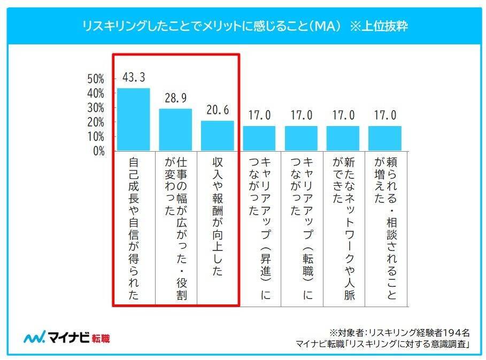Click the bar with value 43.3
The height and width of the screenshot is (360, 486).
133,119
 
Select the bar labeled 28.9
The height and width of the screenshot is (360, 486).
175,129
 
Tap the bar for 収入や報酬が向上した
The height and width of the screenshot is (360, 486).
217,136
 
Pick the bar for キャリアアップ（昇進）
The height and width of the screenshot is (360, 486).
259,138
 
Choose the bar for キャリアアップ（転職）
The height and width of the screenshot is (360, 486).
301,138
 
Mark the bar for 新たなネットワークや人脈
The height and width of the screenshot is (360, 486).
343,138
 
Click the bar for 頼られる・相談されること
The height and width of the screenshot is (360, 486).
384,138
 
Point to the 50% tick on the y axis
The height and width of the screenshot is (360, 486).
96,79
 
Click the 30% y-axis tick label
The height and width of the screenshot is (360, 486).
96,107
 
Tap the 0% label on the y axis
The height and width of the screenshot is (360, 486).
98,151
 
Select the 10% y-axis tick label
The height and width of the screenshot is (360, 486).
96,136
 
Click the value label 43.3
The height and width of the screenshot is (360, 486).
133,77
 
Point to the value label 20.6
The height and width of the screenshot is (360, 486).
217,110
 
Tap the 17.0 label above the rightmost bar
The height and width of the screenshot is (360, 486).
384,115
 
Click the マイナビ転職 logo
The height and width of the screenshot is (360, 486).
66,338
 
